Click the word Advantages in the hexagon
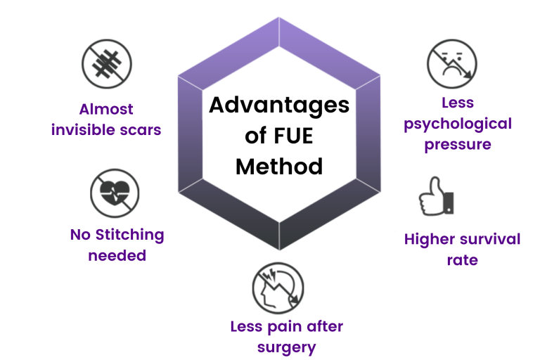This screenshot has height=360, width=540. tap(279, 105)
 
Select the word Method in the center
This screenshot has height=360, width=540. tap(279, 167)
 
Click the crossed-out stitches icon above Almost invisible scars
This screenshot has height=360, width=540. tap(106, 64)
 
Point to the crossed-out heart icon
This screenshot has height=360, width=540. tap(115, 193)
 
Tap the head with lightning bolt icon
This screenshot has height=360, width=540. tap(278, 289)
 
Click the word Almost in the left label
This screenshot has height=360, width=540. tap(106, 109)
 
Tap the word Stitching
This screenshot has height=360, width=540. tap(130, 235)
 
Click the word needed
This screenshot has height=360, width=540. tap(117, 255)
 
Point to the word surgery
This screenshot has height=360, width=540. tap(286, 347)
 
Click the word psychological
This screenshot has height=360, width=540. tap(458, 124)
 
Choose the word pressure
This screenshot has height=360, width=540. tap(458, 145)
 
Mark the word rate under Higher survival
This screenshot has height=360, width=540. tap(462, 260)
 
